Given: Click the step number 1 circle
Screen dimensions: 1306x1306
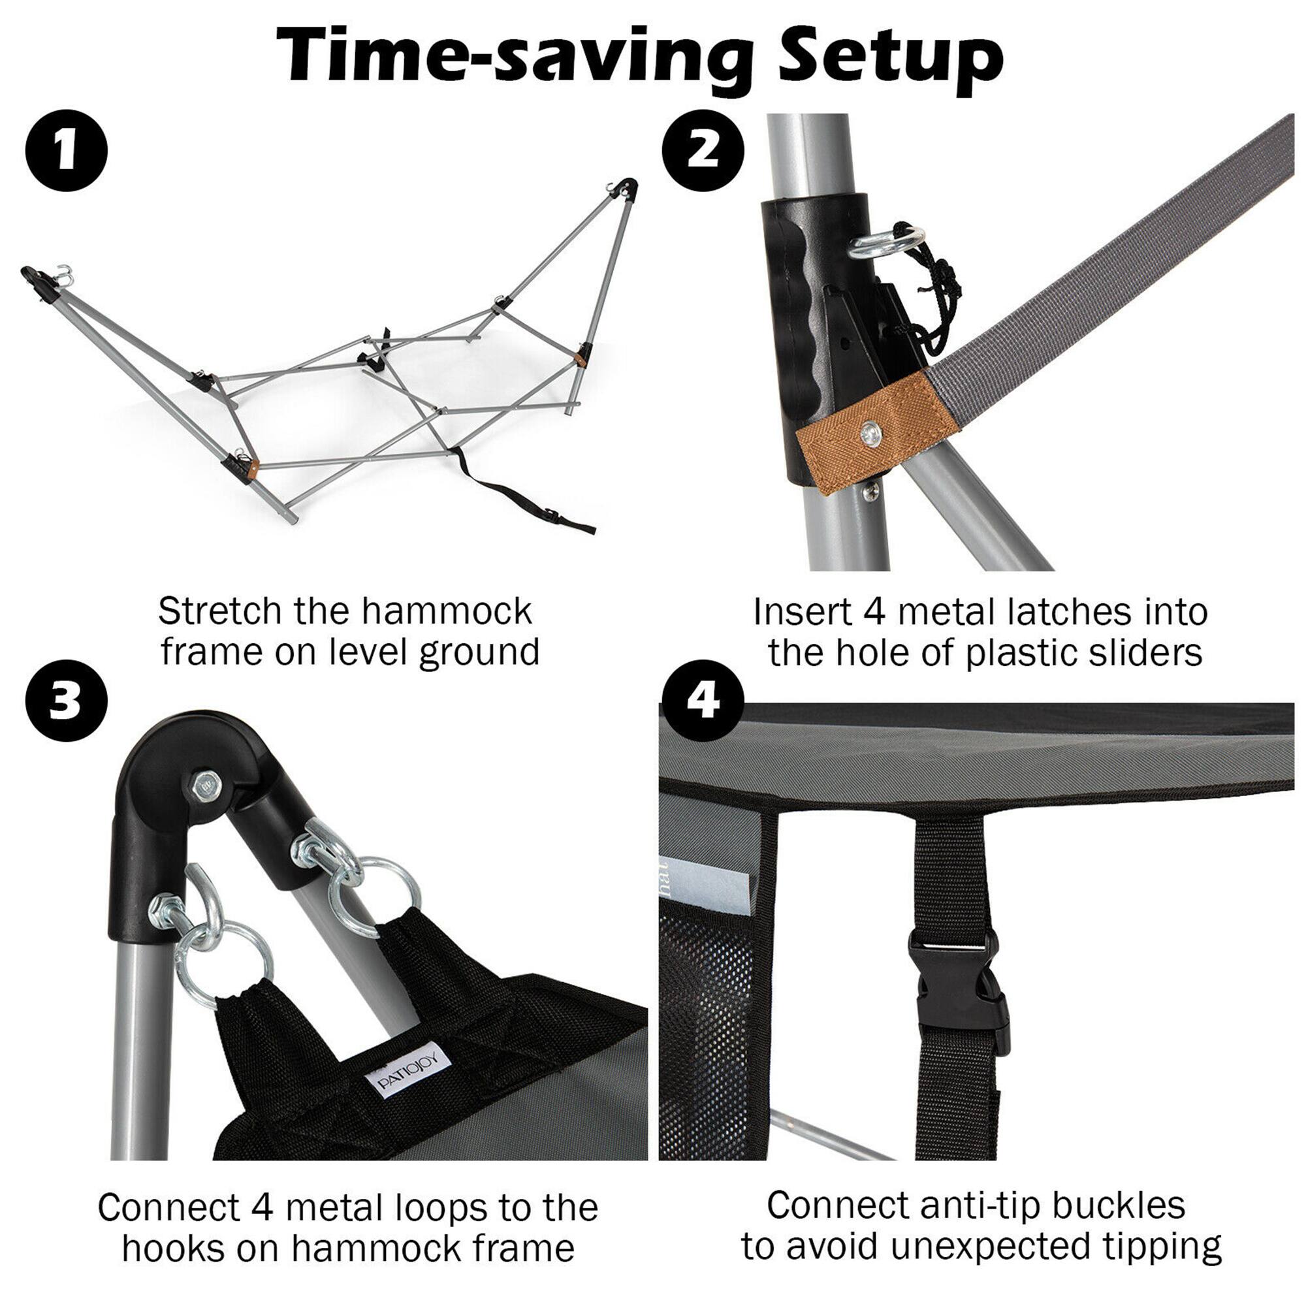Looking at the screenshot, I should click(66, 151).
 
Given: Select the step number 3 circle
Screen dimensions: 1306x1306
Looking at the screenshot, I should click(66, 700).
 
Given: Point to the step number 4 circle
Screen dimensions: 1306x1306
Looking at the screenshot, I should click(703, 700).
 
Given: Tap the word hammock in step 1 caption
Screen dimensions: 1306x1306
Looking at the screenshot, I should click(447, 611).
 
